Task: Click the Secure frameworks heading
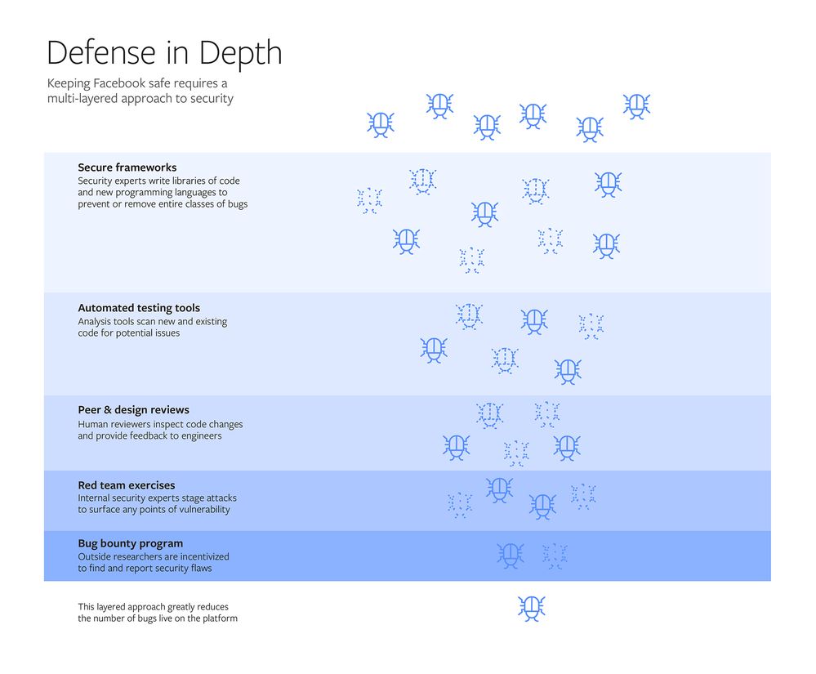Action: [x=127, y=167]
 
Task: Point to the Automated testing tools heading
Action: [x=138, y=308]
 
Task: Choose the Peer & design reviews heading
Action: [x=133, y=409]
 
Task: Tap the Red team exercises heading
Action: [x=126, y=485]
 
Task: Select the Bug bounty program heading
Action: [x=130, y=543]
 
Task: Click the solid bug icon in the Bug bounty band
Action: [x=511, y=556]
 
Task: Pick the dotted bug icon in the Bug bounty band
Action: [x=555, y=556]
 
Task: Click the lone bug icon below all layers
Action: [x=531, y=608]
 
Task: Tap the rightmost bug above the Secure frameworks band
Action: [x=636, y=105]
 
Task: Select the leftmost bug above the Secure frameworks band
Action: [x=380, y=124]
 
